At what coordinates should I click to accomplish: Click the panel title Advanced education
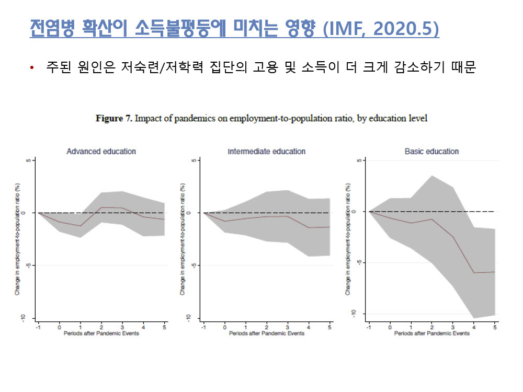coord(101,152)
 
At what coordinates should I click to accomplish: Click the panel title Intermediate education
coord(266,152)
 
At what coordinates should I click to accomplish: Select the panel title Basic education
coord(431,152)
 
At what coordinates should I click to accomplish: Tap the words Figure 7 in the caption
coord(115,119)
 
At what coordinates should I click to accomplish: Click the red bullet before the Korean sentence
coord(32,69)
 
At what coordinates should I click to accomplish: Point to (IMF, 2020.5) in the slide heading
coord(381,29)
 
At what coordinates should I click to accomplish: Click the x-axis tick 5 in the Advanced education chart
coord(164,327)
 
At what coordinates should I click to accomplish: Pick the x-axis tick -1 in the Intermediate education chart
coord(203,327)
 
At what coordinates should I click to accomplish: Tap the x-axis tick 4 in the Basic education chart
coord(474,327)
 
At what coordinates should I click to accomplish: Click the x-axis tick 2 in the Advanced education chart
coord(101,327)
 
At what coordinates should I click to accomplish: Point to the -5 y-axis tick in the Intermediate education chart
coord(194,265)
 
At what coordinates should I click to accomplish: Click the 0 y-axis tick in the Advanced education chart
coord(29,213)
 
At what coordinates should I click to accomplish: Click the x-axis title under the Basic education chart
coord(432,333)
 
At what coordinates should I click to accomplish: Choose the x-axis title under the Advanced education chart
coord(101,333)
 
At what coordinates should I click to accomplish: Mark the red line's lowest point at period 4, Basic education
coord(474,273)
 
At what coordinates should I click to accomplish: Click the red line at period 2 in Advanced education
coord(101,207)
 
